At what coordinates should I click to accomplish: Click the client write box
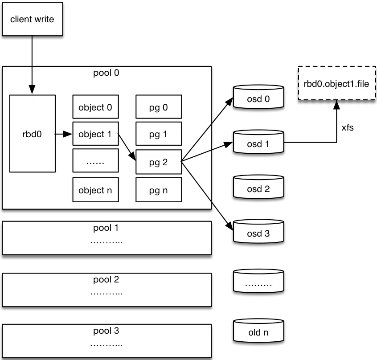tap(32, 19)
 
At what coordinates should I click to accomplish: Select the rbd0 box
tap(33, 133)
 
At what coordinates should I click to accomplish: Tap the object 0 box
tap(95, 107)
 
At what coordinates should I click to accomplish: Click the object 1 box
tap(95, 134)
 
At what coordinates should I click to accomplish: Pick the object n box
tap(95, 190)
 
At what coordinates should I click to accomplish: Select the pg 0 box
tap(159, 107)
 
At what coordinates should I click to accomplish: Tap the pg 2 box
tap(159, 162)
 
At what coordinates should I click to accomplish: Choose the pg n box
tap(159, 190)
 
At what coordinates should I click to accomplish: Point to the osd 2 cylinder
tap(258, 187)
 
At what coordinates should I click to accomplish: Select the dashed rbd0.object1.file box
tap(337, 83)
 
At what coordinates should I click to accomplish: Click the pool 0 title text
tap(106, 73)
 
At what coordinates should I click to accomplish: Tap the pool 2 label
tap(106, 280)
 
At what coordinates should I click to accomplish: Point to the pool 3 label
tap(106, 331)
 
